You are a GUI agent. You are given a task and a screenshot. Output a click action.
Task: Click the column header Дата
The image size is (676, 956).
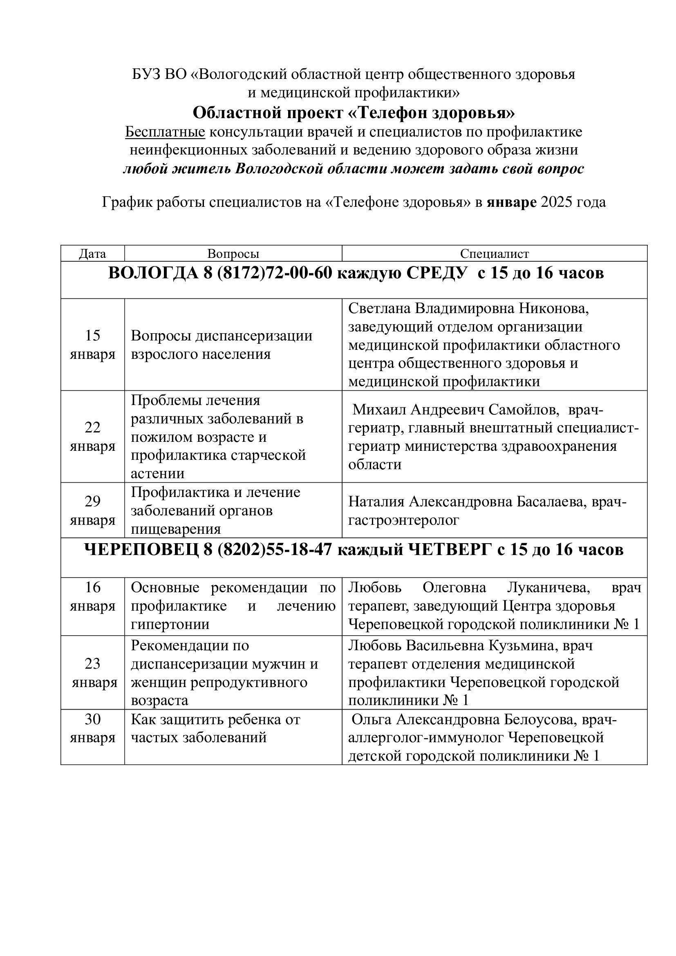click(92, 253)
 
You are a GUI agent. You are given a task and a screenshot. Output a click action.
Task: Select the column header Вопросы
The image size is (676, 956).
click(233, 253)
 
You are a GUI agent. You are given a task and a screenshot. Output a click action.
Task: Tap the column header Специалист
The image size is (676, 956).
click(495, 253)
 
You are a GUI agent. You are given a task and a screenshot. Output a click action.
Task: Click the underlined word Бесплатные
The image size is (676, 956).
click(165, 132)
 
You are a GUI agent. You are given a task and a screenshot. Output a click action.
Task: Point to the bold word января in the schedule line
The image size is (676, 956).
click(512, 202)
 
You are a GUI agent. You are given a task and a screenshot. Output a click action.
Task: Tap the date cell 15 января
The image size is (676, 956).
click(92, 345)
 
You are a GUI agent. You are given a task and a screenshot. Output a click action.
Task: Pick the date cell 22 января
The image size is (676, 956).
click(92, 437)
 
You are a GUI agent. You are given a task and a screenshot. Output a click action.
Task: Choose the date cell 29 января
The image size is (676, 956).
click(92, 510)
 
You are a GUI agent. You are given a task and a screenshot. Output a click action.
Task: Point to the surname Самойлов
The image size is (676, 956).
click(524, 410)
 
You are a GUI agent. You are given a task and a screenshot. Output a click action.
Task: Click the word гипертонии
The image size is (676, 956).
click(170, 624)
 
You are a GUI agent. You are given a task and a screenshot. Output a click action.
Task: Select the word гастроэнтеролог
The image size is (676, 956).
click(404, 520)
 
